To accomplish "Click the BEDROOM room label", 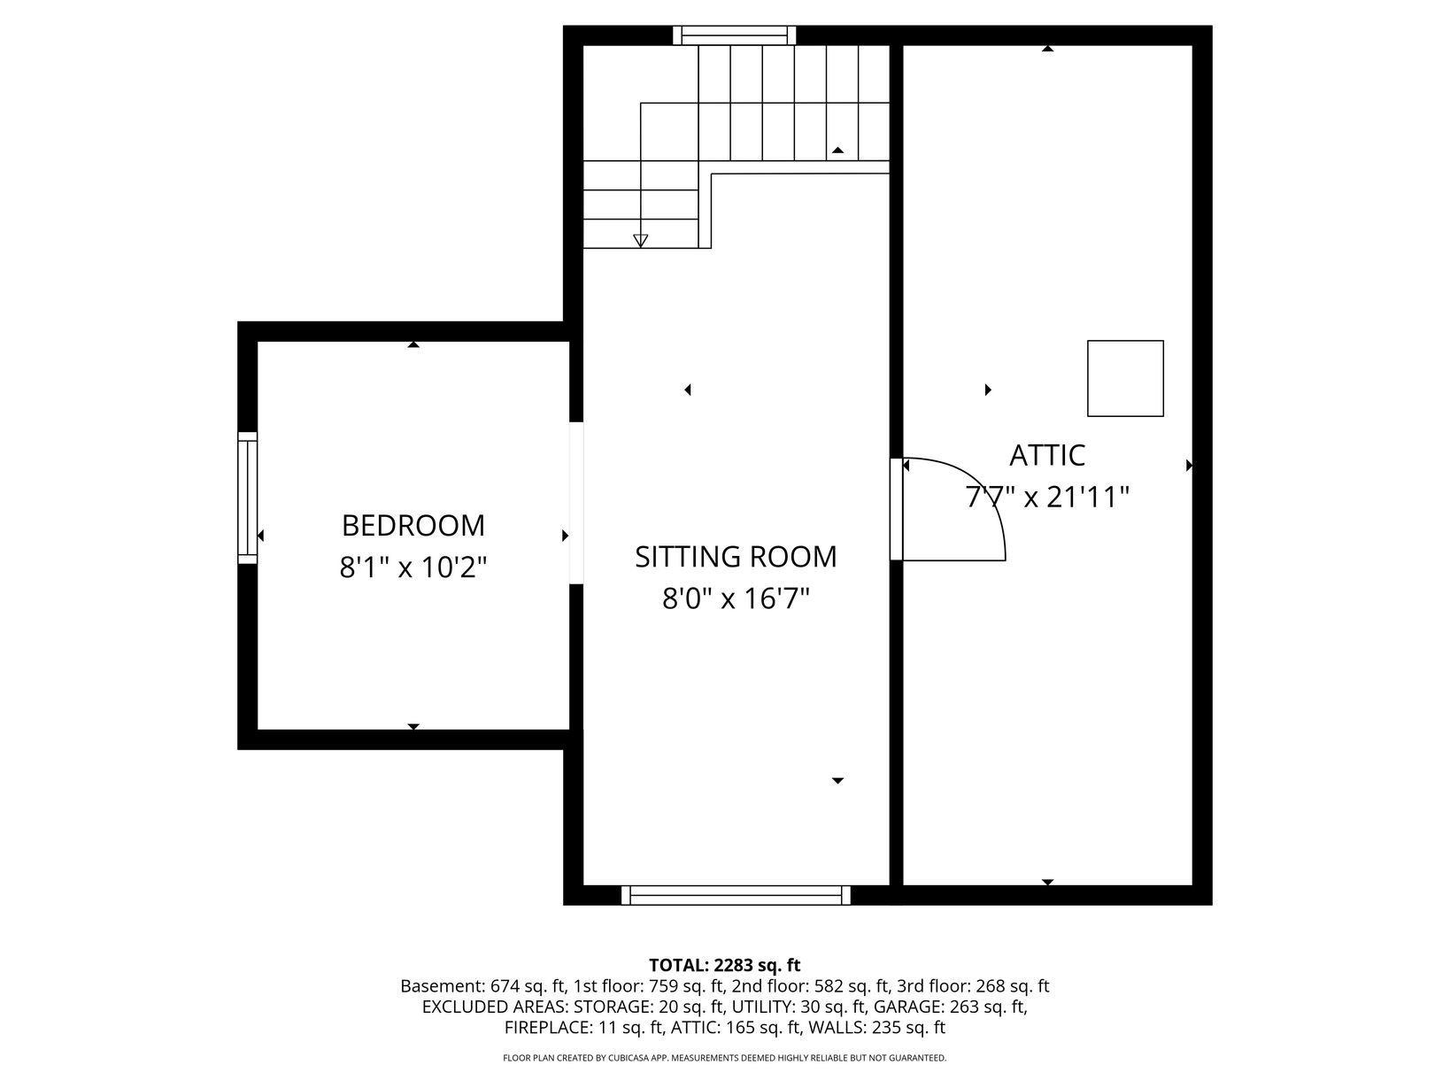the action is coord(413,526).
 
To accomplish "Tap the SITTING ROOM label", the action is coord(736,557).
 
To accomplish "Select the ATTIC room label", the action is coord(1047,455).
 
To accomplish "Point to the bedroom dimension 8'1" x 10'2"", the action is coord(413,567).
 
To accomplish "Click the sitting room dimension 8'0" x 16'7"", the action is coord(736,598).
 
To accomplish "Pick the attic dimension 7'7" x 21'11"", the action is coord(1047,497).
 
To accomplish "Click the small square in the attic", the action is coord(1125,379).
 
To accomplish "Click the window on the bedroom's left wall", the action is coord(247,498).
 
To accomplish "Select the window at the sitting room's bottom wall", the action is coord(736,895).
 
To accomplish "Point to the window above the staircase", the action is coord(734,35).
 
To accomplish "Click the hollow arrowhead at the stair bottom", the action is coord(640,241).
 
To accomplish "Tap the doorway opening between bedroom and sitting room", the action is coord(576,503).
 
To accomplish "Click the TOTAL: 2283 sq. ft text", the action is coord(724,965).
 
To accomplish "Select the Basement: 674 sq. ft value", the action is coord(483,986).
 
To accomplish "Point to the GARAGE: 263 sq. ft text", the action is coord(949,1007).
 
